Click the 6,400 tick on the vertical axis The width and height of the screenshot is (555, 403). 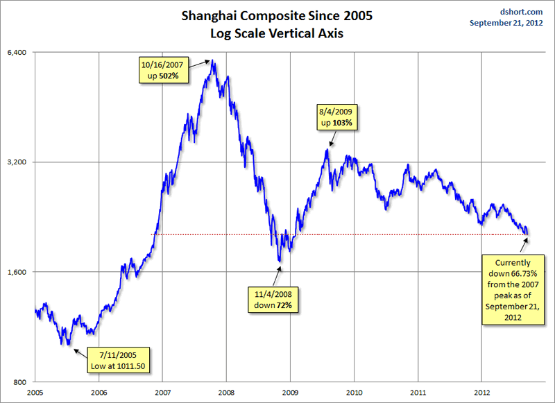coord(17,53)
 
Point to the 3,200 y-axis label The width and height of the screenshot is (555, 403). coord(17,162)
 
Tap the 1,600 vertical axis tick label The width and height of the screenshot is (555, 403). coord(17,272)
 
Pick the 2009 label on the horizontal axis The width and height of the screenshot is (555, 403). coord(291,393)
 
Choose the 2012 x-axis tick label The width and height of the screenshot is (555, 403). coord(482,393)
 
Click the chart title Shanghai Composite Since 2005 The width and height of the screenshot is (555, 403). coord(276,15)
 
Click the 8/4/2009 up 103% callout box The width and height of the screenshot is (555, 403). coord(339,117)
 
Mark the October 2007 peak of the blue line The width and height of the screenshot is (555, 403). coord(214,62)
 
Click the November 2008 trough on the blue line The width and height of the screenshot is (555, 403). coord(280,262)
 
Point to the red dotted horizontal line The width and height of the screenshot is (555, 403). coord(347,234)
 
